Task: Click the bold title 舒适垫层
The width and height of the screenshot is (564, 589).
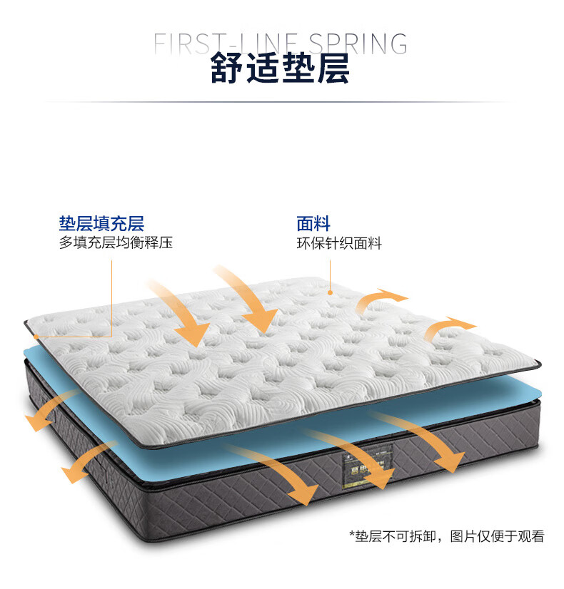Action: tap(280, 68)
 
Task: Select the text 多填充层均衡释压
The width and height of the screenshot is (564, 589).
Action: tap(116, 243)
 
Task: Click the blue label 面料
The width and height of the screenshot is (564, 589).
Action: tap(313, 223)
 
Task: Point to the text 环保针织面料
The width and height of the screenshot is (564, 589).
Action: tap(339, 243)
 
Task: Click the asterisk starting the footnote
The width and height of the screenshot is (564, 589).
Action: tap(352, 536)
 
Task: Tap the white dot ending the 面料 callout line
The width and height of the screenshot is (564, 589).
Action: tap(330, 292)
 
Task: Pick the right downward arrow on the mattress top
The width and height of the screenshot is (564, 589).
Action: tap(246, 299)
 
